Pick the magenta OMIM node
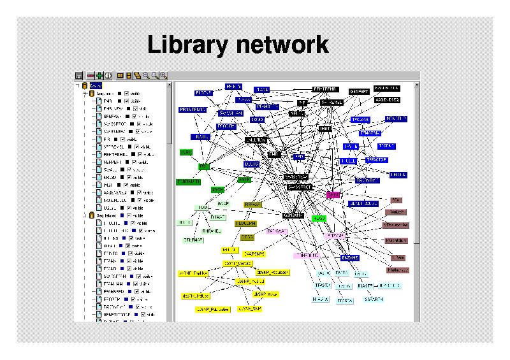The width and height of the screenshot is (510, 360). click(x=333, y=195)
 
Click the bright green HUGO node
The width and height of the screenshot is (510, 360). click(x=319, y=218)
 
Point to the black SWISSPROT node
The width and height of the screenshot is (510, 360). click(x=300, y=187)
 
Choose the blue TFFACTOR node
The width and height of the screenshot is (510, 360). click(x=376, y=160)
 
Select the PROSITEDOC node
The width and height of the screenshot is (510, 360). click(x=193, y=110)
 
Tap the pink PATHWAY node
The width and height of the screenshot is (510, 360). click(x=277, y=231)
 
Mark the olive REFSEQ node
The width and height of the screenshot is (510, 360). click(x=253, y=205)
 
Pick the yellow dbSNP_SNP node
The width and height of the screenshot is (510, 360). click(x=250, y=308)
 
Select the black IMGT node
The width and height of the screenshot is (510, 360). click(x=325, y=129)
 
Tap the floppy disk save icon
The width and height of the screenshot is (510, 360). click(x=79, y=75)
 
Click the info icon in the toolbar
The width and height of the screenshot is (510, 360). click(x=108, y=75)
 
